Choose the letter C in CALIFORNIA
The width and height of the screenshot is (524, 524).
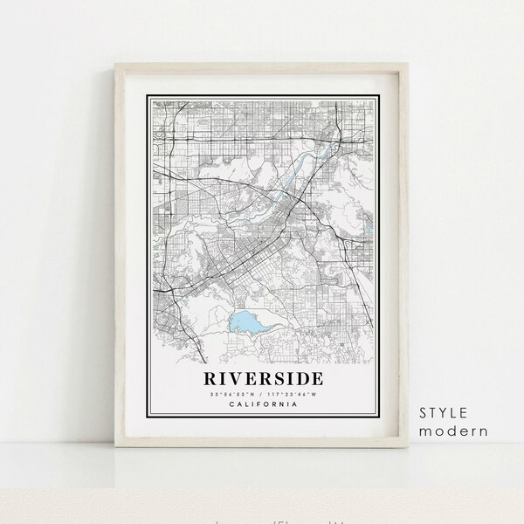click(x=229, y=403)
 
